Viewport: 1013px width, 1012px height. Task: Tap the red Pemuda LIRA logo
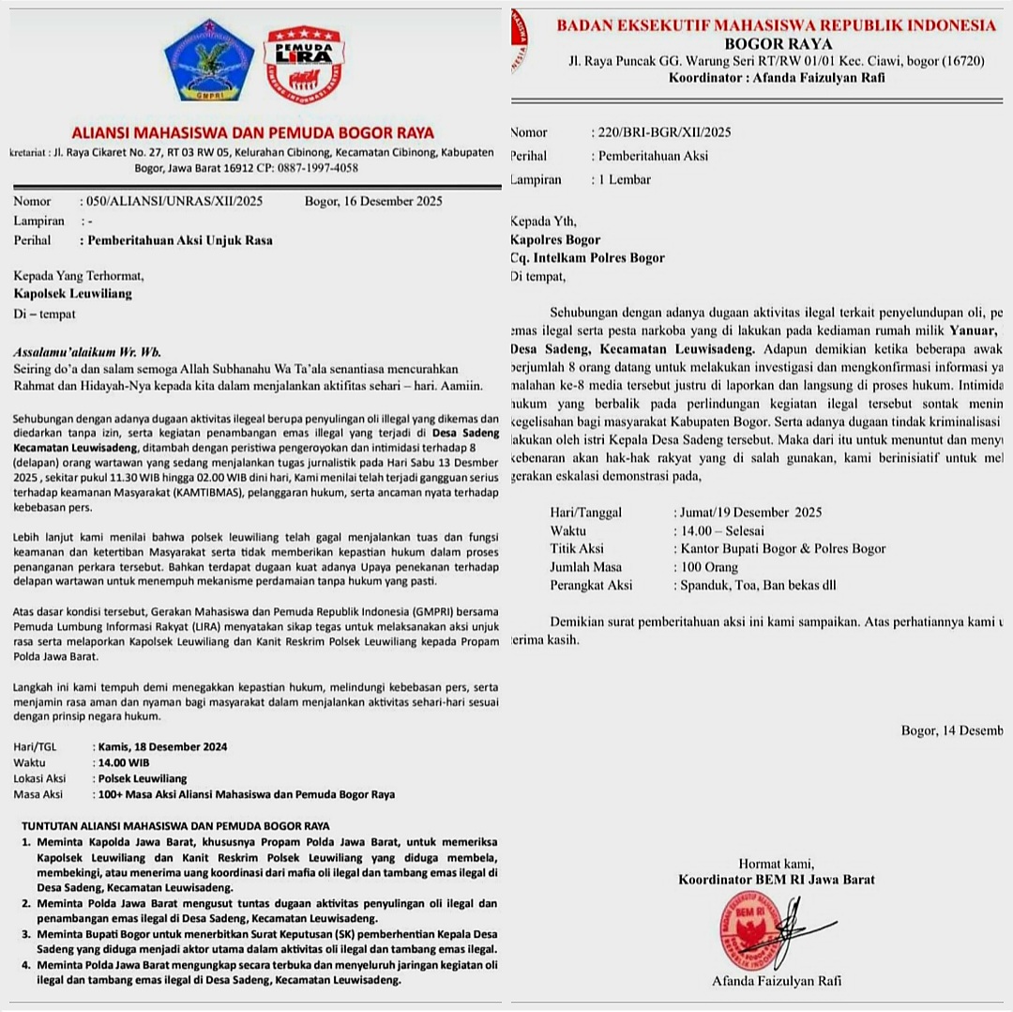303,64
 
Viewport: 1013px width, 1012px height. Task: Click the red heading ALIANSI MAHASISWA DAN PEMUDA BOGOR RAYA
253,133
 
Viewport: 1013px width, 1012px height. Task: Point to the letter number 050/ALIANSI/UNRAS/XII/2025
173,201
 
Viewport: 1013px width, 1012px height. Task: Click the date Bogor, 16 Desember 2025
373,201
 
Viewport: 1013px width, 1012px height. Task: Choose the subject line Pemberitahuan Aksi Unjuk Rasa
180,240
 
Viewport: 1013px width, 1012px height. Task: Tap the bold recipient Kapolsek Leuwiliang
72,294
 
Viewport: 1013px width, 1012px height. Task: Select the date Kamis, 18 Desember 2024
162,747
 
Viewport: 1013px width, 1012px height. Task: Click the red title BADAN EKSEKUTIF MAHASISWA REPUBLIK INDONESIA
776,25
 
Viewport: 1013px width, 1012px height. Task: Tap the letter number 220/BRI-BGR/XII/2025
661,132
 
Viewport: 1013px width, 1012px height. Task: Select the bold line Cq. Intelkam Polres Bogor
587,258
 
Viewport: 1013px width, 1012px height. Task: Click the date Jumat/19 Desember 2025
748,513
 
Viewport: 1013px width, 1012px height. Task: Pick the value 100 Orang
706,567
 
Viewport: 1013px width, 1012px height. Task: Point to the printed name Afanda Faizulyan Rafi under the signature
777,981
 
